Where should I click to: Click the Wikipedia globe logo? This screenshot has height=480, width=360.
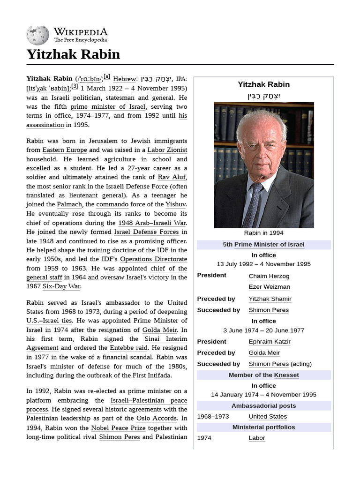tap(38, 35)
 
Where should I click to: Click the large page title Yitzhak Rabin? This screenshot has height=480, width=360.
tap(73, 54)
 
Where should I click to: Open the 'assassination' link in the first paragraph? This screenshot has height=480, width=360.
tap(45, 125)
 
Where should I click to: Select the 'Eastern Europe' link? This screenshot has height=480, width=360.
tap(65, 150)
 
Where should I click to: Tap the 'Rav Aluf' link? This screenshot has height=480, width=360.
tap(172, 177)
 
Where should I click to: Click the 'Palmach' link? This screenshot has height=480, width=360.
tap(69, 204)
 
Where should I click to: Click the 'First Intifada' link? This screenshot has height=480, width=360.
tap(152, 375)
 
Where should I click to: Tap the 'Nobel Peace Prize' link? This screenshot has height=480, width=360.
tap(119, 428)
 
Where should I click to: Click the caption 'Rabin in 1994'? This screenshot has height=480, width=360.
tap(264, 233)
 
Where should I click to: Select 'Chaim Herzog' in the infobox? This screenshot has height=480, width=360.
tap(269, 276)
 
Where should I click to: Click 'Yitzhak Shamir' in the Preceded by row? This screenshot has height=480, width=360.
tap(270, 299)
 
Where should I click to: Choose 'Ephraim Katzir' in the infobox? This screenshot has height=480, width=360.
tap(270, 342)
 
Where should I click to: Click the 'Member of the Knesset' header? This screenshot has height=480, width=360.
tap(263, 375)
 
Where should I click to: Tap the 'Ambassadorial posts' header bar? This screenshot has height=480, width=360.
tap(263, 406)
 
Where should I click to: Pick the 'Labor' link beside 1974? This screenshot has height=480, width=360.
tap(257, 438)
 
